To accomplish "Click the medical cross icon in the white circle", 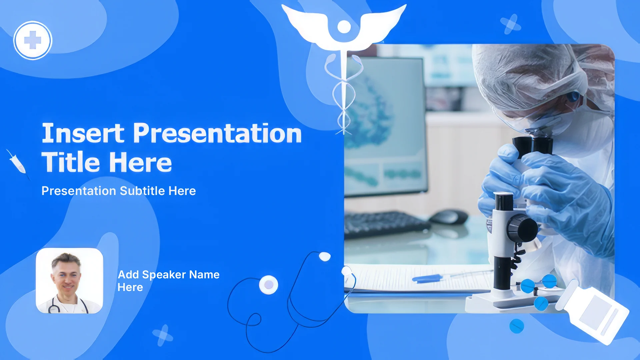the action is [33, 40].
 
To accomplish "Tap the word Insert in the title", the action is [83, 133].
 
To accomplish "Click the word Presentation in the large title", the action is [218, 133].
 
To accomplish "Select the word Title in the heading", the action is [71, 162].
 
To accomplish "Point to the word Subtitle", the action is [142, 191].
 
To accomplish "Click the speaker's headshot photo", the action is [69, 281].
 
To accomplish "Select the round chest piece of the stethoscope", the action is [269, 285].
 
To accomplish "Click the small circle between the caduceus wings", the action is [344, 27].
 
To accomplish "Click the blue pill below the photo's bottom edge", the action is [517, 326].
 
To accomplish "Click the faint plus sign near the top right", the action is [511, 24].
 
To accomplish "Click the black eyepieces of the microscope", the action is [533, 145].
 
